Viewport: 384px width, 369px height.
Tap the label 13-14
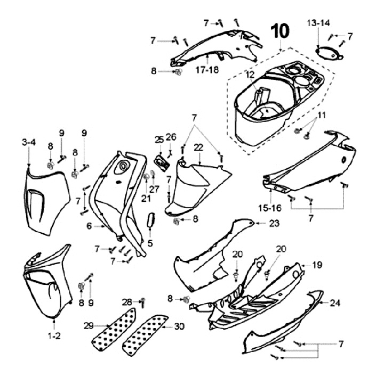pos(318,23)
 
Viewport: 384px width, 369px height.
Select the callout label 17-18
pos(206,69)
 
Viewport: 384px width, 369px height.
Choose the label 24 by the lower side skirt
pos(334,302)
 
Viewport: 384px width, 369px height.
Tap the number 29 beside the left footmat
pos(89,325)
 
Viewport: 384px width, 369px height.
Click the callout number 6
pos(90,226)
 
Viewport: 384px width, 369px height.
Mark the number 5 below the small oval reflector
pos(150,243)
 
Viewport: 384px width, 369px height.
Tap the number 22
pos(198,146)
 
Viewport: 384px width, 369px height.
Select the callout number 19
pos(317,264)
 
